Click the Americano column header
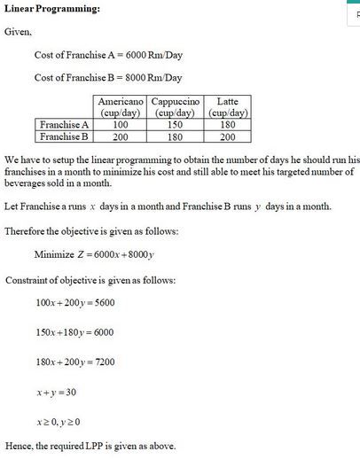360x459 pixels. (x=121, y=106)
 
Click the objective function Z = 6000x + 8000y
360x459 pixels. (x=121, y=255)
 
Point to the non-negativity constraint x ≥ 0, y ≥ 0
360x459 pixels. (x=64, y=421)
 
